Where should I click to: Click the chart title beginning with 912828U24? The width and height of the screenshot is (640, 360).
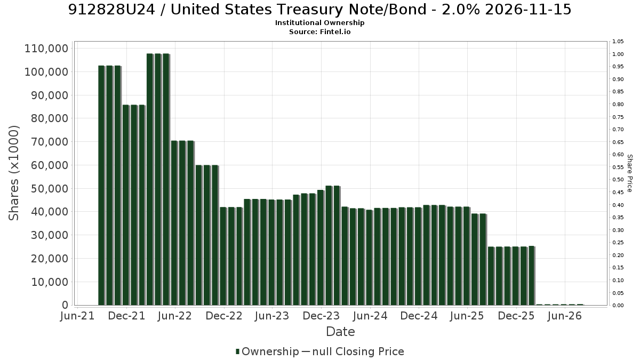click(319, 10)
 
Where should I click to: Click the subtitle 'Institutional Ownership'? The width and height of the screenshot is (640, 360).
click(319, 23)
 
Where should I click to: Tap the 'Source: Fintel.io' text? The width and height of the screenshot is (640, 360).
click(319, 31)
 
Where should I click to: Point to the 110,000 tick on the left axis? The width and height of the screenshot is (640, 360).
click(46, 49)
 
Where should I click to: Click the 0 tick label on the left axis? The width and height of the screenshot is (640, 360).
click(66, 305)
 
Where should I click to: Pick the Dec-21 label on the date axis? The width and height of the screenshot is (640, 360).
click(126, 316)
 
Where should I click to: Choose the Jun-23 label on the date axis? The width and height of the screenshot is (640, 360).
click(272, 316)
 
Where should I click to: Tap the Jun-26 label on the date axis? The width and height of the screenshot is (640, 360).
click(565, 316)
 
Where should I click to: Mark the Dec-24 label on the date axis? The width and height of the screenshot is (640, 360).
click(419, 316)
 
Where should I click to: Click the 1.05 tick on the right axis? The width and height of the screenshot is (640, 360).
click(618, 42)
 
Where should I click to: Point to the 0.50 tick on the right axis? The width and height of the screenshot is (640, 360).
click(618, 180)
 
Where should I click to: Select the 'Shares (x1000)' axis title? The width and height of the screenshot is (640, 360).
click(14, 173)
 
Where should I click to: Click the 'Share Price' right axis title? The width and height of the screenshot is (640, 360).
click(630, 173)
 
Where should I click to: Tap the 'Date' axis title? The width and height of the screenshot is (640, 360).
click(340, 332)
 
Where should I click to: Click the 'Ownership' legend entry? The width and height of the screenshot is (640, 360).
click(267, 351)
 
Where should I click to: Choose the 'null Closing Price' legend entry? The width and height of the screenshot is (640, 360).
click(358, 351)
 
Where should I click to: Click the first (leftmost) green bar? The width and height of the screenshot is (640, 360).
click(101, 186)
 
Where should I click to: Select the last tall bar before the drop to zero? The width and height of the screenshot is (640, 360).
click(532, 276)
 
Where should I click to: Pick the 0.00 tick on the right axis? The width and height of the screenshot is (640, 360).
click(618, 306)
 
